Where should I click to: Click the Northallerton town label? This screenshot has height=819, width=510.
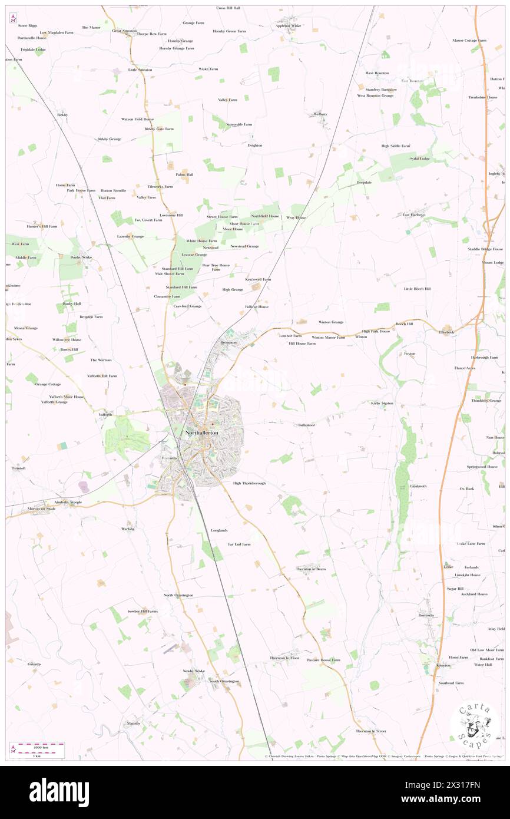pyautogui.click(x=201, y=433)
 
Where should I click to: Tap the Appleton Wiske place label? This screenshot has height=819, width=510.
pyautogui.click(x=289, y=26)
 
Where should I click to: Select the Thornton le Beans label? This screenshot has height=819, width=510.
pyautogui.click(x=311, y=569)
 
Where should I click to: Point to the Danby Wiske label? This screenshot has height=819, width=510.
pyautogui.click(x=81, y=257)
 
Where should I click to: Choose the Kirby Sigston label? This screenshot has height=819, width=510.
pyautogui.click(x=382, y=404)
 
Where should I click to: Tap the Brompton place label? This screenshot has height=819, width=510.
pyautogui.click(x=228, y=342)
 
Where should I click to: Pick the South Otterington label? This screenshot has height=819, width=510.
pyautogui.click(x=224, y=681)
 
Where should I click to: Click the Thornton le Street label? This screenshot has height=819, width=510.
pyautogui.click(x=370, y=731)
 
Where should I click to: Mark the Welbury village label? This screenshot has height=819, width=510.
pyautogui.click(x=320, y=114)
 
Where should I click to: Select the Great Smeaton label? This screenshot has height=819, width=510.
pyautogui.click(x=125, y=31)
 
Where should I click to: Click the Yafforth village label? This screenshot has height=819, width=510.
pyautogui.click(x=105, y=415)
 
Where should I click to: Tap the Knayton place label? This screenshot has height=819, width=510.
pyautogui.click(x=443, y=666)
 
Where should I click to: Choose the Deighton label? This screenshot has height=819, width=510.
pyautogui.click(x=254, y=146)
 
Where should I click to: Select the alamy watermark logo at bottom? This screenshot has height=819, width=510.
pyautogui.click(x=59, y=792)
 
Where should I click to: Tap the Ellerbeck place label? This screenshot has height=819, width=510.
pyautogui.click(x=447, y=332)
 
